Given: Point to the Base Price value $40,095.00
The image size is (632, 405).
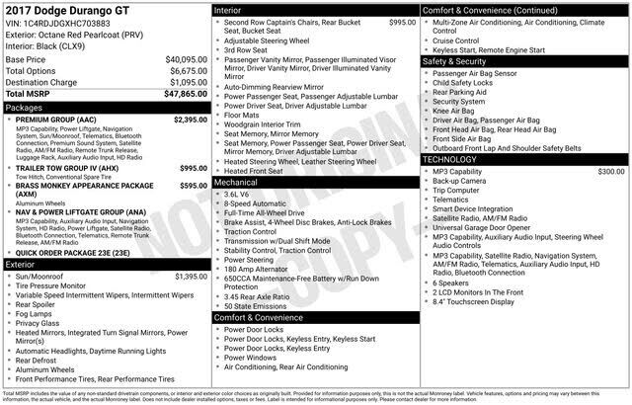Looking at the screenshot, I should click(186, 59).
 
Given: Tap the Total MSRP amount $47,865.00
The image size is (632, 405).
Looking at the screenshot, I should click(185, 93).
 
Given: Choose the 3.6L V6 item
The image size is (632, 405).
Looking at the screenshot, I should click(239, 195).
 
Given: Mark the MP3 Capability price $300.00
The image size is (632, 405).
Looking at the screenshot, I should click(611, 171).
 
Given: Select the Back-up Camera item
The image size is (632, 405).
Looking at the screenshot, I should click(459, 182).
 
